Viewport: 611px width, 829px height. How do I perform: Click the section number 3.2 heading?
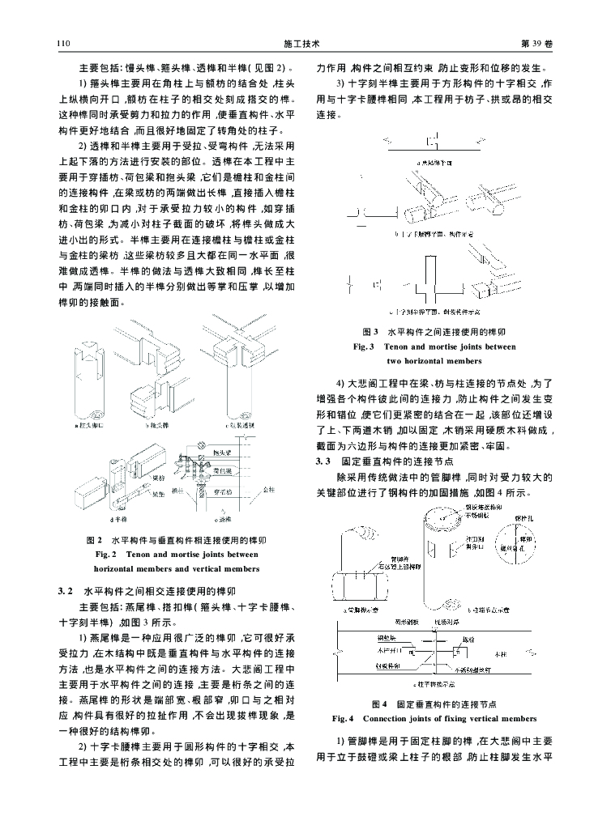68,591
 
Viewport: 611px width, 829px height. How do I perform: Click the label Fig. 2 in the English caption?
108,554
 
